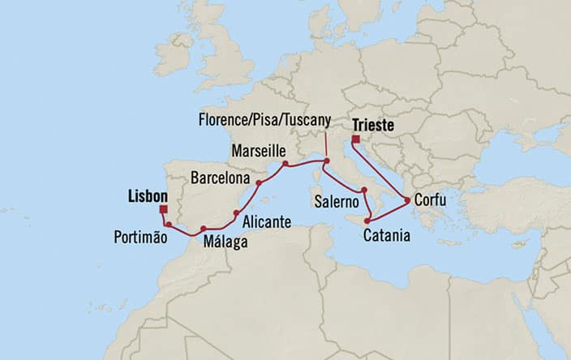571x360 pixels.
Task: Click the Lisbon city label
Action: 148,196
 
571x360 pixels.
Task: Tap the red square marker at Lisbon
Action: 165,208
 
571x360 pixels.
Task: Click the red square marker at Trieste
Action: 356,139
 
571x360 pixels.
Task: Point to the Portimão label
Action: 140,238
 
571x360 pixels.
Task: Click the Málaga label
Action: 226,241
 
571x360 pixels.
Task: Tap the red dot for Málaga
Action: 203,229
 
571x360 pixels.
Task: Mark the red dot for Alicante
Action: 236,213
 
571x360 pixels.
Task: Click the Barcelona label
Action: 219,177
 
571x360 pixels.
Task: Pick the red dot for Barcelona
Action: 259,183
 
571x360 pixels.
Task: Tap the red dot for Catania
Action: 367,221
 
